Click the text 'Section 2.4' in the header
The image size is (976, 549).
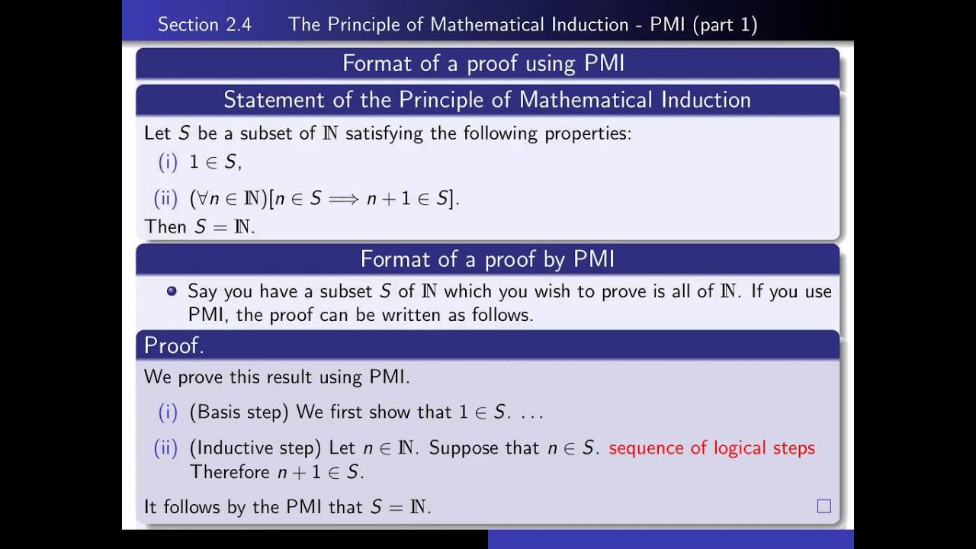click(x=204, y=24)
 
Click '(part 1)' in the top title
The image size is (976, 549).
click(x=725, y=24)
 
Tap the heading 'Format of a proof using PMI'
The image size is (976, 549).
click(x=483, y=63)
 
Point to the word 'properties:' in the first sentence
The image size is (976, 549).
click(x=588, y=133)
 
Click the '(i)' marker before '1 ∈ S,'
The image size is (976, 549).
click(x=167, y=162)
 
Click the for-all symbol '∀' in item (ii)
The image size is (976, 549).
click(x=203, y=199)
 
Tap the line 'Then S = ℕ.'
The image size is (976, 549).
click(x=200, y=226)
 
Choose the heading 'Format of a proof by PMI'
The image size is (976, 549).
click(x=487, y=259)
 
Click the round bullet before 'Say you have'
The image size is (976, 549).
click(x=172, y=291)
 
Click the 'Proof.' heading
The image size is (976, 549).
click(x=174, y=345)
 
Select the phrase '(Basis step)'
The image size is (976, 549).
click(x=239, y=413)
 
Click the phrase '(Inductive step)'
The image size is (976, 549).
click(x=255, y=448)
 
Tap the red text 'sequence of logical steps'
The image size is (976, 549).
click(x=711, y=448)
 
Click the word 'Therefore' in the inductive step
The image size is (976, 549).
click(x=230, y=472)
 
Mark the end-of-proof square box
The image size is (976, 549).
click(x=823, y=506)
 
